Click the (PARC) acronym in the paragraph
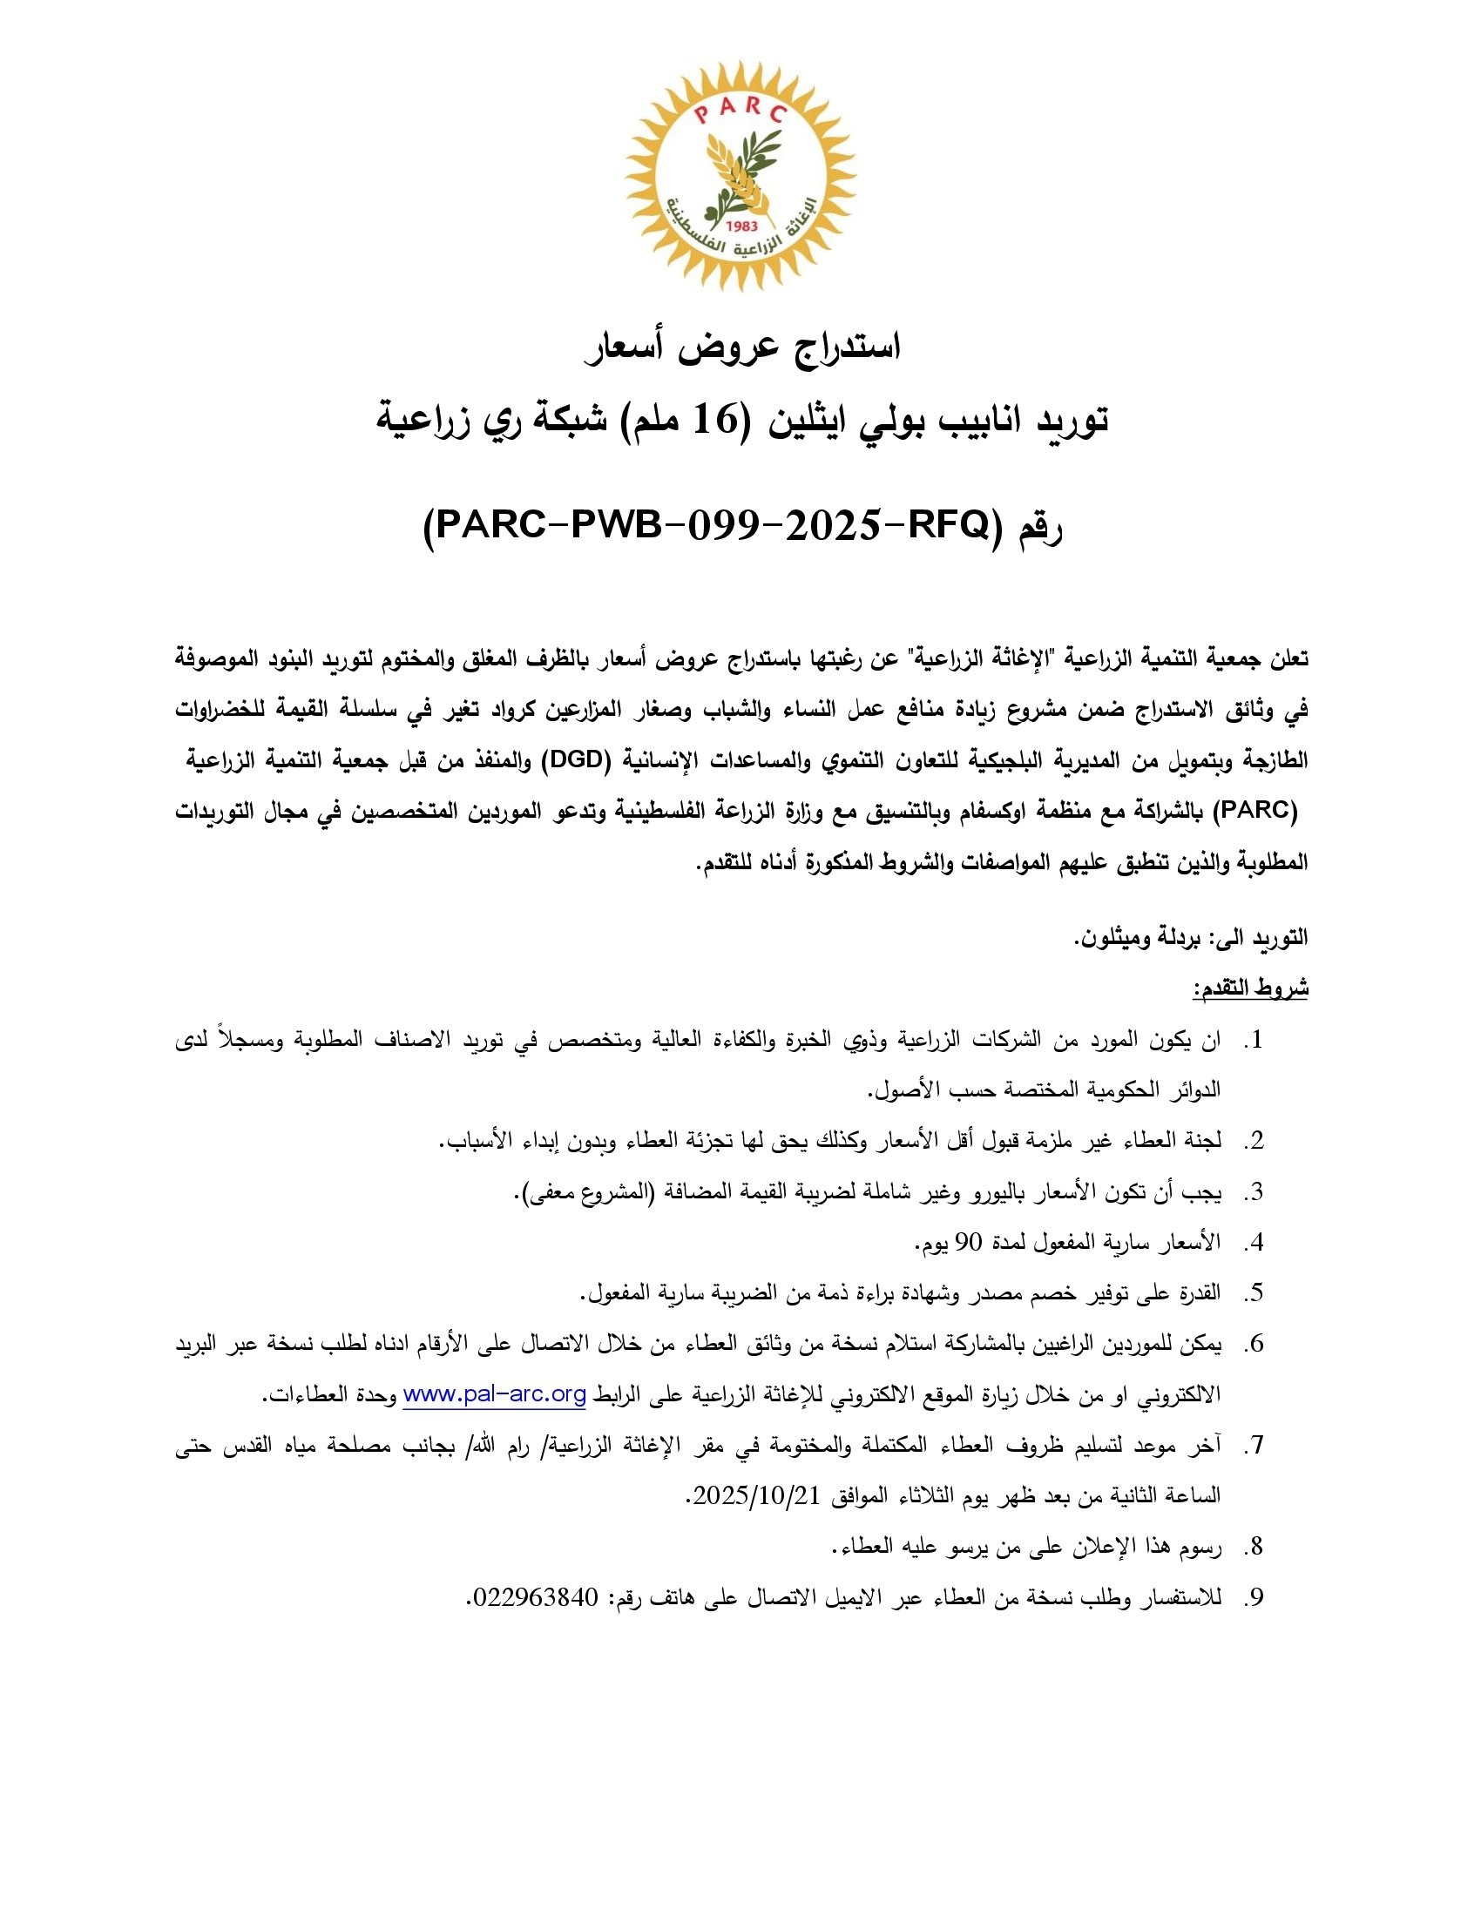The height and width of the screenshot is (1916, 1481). [x=1256, y=811]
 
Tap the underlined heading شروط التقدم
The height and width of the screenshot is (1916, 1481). [x=1249, y=989]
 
